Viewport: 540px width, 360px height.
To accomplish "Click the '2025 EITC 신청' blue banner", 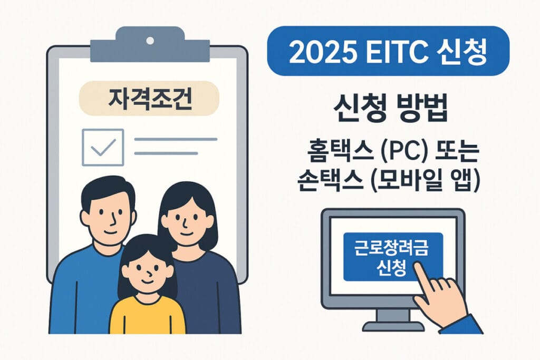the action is tap(388, 51).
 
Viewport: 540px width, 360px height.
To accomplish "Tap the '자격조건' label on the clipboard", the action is tap(149, 99).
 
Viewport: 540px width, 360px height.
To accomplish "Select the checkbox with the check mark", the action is tap(103, 147).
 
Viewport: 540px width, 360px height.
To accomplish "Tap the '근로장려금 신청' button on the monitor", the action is tap(393, 257).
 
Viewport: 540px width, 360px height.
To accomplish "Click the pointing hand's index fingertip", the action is tap(418, 266).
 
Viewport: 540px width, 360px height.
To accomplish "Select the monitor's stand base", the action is tap(392, 326).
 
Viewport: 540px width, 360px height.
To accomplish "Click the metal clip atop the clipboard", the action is tap(150, 45).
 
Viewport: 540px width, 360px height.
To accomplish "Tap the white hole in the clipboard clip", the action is tap(150, 41).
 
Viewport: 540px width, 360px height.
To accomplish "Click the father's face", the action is tap(108, 216).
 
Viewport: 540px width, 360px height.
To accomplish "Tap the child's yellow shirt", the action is tap(148, 315).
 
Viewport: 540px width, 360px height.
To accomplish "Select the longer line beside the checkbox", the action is tap(176, 139).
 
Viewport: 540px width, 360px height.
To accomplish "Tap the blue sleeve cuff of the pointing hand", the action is tap(461, 324).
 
